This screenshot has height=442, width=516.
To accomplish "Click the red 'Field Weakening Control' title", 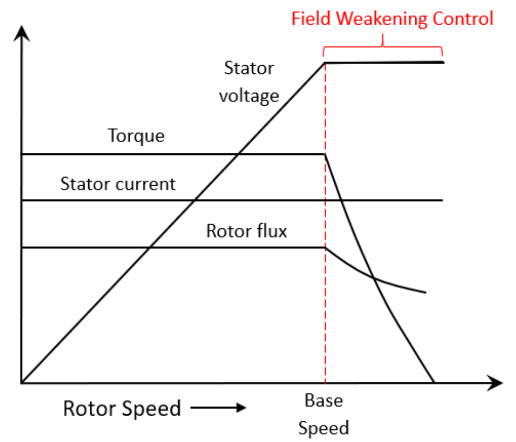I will pos(392,19).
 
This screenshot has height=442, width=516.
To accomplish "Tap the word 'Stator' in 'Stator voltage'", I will pos(249,68).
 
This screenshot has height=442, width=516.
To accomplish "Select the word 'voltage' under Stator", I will pos(249,96).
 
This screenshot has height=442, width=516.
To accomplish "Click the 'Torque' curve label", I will pos(135,135).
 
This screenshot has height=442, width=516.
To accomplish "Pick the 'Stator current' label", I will pos(118,183).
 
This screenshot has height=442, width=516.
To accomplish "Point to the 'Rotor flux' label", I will pos(246,231).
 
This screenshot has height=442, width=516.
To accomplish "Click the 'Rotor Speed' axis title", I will pos(121,409).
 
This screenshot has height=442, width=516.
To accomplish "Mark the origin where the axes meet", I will pos(21,382).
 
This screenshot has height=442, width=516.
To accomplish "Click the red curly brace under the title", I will pos(383,44).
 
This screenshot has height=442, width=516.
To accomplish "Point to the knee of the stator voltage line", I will pos(326,62).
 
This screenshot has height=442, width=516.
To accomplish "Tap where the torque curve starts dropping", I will pos(326,154).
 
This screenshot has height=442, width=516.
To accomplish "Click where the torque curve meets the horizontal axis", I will pos(434,382).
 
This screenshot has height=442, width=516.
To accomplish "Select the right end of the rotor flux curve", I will pos(425,292).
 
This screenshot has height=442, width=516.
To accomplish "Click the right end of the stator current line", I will pos(442,200).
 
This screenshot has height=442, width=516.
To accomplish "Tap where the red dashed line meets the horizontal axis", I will pos(326,382).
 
